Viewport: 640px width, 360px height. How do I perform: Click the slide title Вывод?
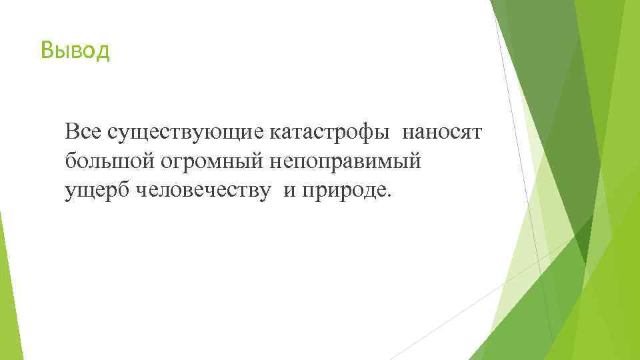coord(75,50)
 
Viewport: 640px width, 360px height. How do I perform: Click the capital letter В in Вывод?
coord(45,50)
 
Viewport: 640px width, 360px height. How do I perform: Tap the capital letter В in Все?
coord(71,132)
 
